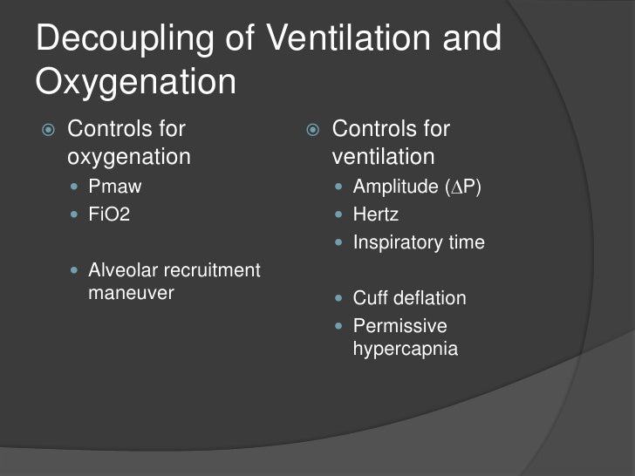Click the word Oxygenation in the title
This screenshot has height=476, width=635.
coord(136,82)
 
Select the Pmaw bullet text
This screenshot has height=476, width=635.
coord(114,186)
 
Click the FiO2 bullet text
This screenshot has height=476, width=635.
coord(109,214)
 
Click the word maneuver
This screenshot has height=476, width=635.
coord(131,293)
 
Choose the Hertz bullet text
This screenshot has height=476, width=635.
coord(375,214)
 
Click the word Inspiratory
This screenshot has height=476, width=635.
coord(399,242)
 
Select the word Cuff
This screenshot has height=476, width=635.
coord(368,298)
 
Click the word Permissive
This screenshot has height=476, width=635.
coord(399,326)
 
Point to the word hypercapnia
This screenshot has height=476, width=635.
coord(405,350)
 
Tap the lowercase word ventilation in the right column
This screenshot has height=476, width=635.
coord(383,157)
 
